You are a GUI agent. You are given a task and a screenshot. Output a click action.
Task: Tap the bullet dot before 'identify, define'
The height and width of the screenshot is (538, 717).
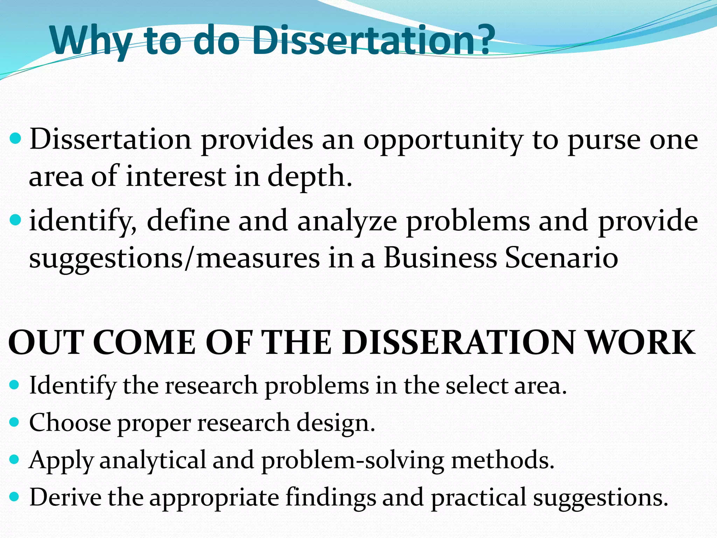15,220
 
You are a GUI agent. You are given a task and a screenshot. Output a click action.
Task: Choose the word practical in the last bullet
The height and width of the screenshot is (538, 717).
478,497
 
